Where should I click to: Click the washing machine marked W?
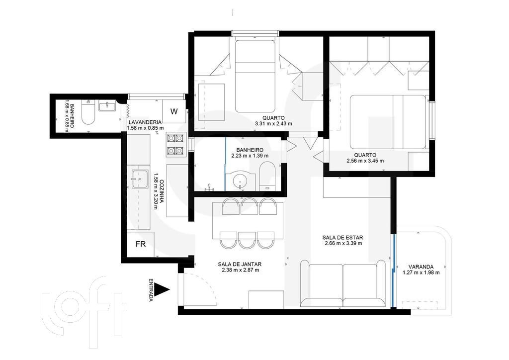[174, 111]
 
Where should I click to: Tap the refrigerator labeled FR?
[141, 244]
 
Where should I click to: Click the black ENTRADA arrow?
[162, 289]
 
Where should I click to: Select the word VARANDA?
[421, 267]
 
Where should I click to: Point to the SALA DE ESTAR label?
[343, 237]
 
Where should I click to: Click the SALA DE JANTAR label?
[240, 264]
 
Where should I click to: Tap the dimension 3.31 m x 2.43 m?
[273, 123]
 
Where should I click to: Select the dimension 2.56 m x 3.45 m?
[365, 161]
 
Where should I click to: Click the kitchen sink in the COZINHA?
[139, 179]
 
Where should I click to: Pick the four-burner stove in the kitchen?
[175, 145]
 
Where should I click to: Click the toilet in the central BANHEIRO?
[267, 176]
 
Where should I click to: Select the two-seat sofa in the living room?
[343, 283]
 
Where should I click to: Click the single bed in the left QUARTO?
[255, 76]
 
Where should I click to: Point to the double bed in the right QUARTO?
[388, 122]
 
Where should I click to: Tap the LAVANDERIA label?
[145, 122]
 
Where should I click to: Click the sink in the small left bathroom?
[107, 106]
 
